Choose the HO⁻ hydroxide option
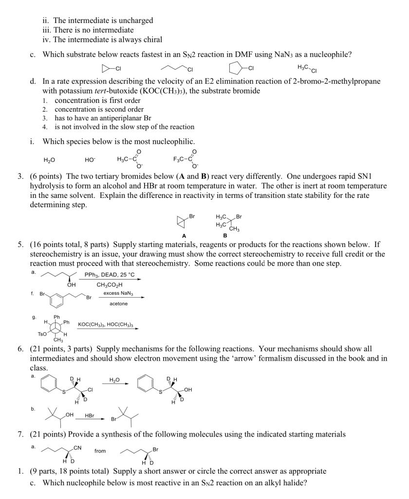(90, 159)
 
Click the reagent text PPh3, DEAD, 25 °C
(110, 275)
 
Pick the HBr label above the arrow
(90, 416)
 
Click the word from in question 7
(100, 451)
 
